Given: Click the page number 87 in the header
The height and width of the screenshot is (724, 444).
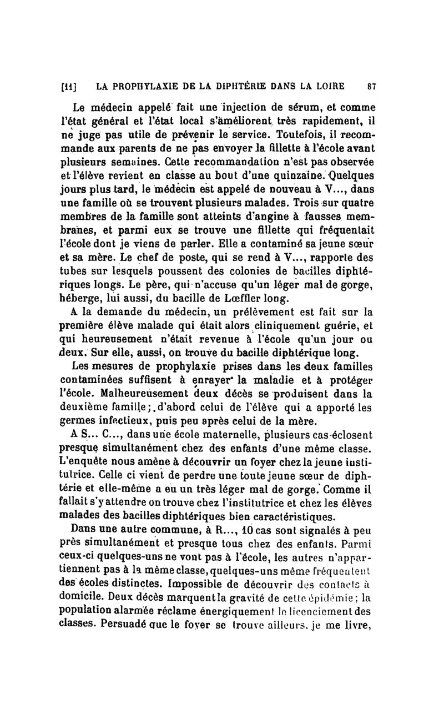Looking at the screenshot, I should [x=372, y=86].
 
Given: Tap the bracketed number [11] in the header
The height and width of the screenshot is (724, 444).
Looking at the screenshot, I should [x=69, y=87].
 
